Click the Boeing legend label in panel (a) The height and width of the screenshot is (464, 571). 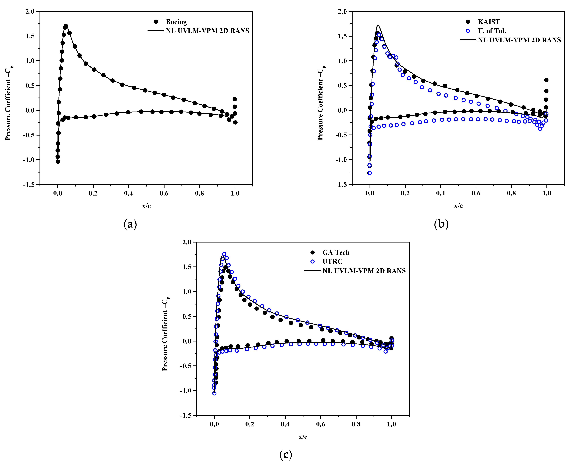176,22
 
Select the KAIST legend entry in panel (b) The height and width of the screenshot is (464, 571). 489,22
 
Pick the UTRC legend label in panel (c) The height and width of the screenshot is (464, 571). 332,261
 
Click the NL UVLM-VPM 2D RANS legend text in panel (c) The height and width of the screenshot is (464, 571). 364,271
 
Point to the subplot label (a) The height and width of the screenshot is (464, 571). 130,224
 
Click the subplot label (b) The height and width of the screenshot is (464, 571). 441,224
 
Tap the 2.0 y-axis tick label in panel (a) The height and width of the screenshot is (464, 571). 30,11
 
